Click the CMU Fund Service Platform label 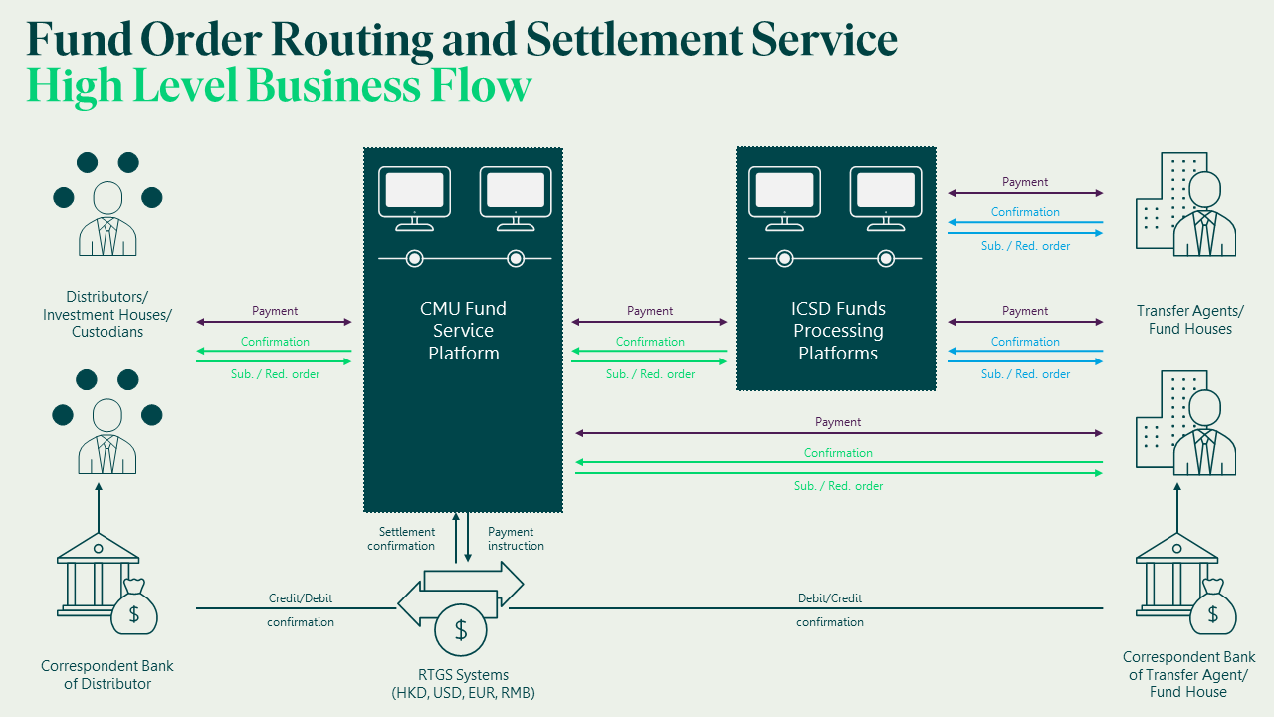coord(463,331)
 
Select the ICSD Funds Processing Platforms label coord(838,331)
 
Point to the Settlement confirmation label coord(401,539)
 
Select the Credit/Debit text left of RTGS coord(301,598)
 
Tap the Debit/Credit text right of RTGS coord(830,598)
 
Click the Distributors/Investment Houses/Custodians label coord(106,314)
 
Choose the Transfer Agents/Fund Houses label coord(1189,320)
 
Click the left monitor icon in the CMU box coord(414,192)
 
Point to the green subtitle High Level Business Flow coord(279,86)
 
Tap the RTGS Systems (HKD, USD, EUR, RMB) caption coord(464,684)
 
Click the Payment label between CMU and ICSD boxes coord(650,311)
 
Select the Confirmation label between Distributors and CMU coord(275,342)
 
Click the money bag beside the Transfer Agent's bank coord(1212,609)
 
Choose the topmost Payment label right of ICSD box coord(1025,182)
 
